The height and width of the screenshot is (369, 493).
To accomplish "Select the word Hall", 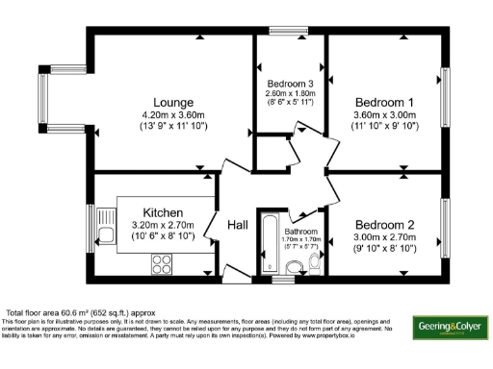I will pyautogui.click(x=238, y=224).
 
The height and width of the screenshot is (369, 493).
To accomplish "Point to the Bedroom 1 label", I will pyautogui.click(x=384, y=102).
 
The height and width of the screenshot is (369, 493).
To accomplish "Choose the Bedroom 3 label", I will pyautogui.click(x=290, y=84).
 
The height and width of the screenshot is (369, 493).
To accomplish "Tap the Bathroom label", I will pyautogui.click(x=299, y=232).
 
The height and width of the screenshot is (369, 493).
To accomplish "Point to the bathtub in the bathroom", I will pyautogui.click(x=267, y=247).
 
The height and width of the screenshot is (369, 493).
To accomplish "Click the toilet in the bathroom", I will pyautogui.click(x=314, y=263).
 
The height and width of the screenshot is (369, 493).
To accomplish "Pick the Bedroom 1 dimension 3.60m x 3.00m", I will pyautogui.click(x=384, y=114).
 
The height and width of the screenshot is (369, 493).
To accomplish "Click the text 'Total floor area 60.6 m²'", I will pyautogui.click(x=60, y=313).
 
